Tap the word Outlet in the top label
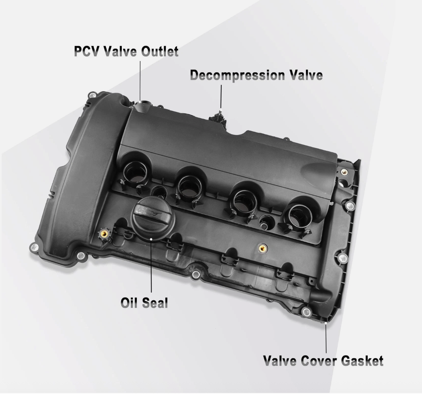(x=160, y=51)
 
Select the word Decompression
(x=238, y=76)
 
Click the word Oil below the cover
(x=129, y=303)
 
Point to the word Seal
(x=155, y=303)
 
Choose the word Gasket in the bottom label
(x=362, y=361)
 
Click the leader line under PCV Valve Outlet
(x=140, y=81)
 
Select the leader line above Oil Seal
(x=151, y=265)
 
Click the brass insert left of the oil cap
(x=104, y=234)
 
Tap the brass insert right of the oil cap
(x=263, y=248)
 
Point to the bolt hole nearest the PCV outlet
(x=92, y=95)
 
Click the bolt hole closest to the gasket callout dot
(x=306, y=312)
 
